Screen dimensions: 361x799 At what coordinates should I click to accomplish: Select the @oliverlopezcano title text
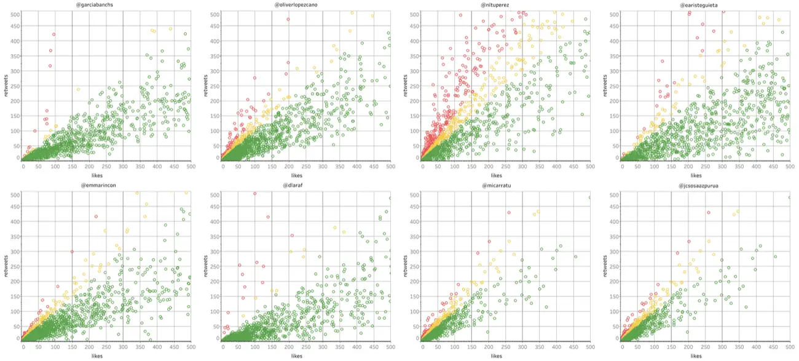click(305, 5)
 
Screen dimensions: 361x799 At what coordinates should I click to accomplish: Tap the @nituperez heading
click(505, 5)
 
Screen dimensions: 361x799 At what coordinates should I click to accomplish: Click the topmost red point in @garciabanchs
click(54, 34)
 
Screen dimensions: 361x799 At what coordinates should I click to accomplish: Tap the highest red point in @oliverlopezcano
click(288, 19)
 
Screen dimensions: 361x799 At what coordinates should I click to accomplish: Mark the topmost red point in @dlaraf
click(254, 194)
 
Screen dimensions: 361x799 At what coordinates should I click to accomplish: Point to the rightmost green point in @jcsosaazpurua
click(790, 197)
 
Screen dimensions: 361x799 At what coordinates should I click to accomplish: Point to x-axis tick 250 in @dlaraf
click(305, 347)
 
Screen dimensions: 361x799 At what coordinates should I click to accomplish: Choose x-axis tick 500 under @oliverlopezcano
click(390, 167)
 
